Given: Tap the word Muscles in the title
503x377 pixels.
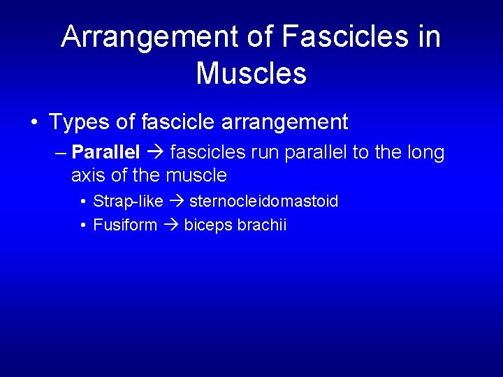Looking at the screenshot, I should pos(251,73).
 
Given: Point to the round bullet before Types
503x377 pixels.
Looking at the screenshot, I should pos(34,124).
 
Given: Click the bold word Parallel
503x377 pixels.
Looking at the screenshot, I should pos(105,152).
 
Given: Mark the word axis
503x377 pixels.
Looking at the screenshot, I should pos(89,175).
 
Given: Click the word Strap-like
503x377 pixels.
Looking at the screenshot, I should pos(128,202).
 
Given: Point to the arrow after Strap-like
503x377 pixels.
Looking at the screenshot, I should pos(176,202).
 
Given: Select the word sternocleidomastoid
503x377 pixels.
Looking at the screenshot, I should pos(264,202).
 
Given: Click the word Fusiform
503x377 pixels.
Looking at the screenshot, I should pos(125,226).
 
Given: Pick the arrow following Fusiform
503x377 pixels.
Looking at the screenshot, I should pos(170,226).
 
